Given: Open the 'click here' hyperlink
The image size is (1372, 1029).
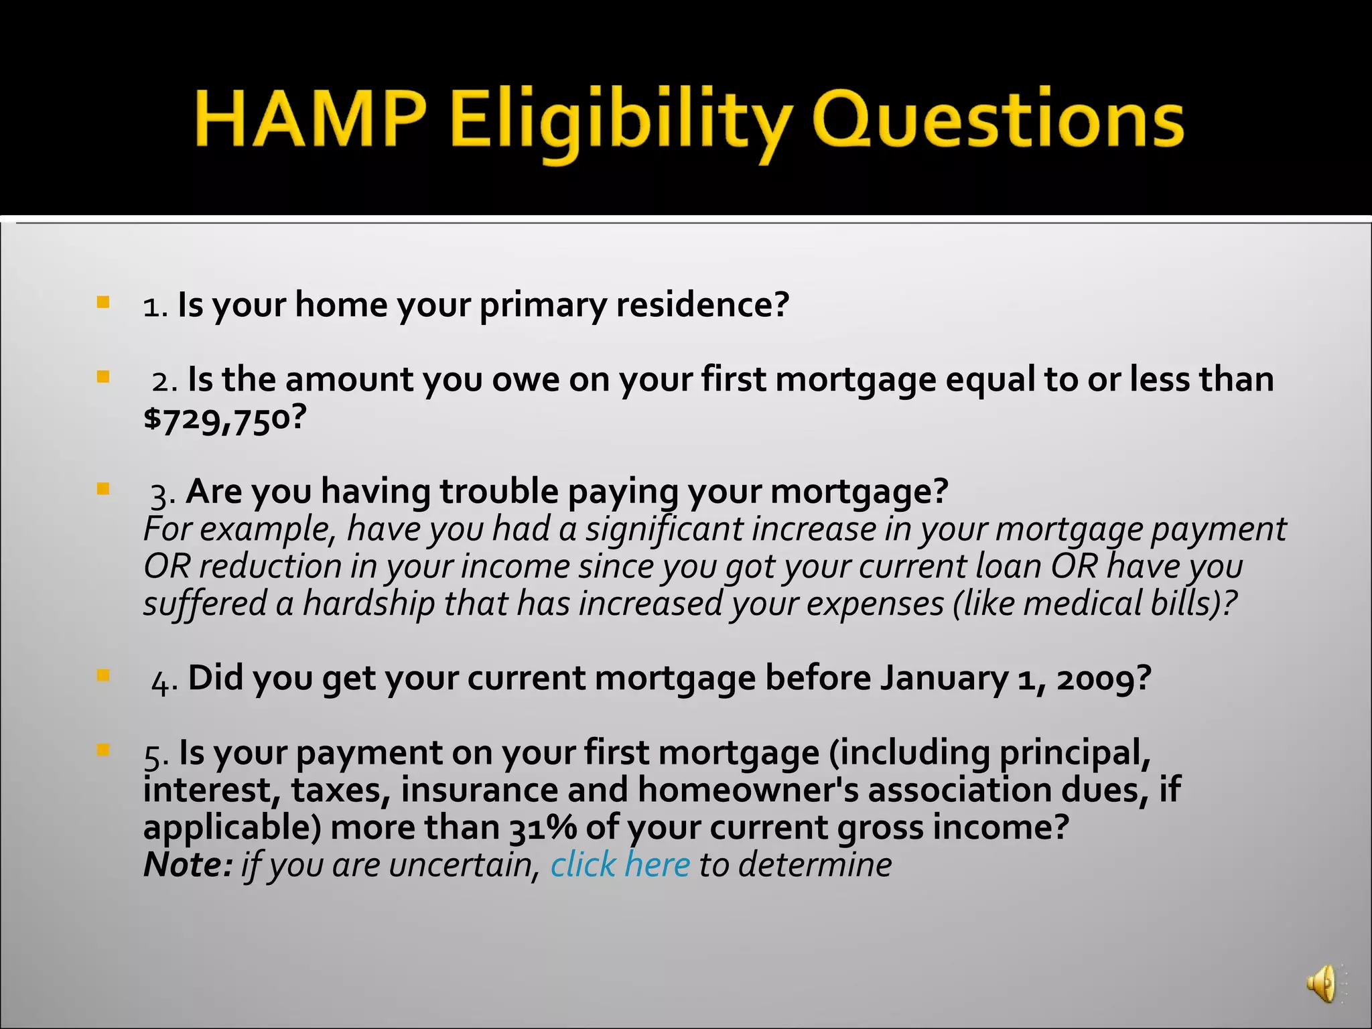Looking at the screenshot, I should [620, 864].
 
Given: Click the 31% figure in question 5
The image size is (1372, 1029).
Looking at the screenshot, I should [543, 827].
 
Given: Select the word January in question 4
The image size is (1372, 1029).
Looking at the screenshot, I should [944, 678].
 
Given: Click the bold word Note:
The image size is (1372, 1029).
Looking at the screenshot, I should [188, 864].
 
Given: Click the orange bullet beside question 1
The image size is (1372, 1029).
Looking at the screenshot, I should [102, 302].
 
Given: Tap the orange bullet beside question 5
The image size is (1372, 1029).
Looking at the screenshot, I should [102, 750].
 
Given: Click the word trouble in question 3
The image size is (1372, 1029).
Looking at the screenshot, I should [500, 491].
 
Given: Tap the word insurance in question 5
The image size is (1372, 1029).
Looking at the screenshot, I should [479, 789].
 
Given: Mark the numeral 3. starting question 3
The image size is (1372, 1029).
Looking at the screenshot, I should [163, 494].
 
